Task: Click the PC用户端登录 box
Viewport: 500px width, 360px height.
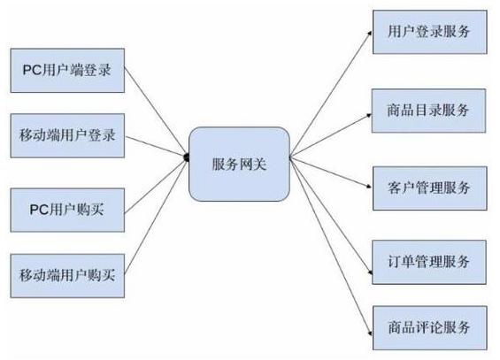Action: (x=67, y=71)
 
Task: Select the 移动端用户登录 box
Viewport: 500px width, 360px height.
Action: (x=67, y=135)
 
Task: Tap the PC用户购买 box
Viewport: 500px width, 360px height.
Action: (x=67, y=210)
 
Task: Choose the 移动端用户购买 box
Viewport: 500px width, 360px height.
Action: (x=67, y=276)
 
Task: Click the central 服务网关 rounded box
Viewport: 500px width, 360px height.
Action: (x=239, y=164)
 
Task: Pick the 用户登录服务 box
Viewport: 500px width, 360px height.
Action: (x=430, y=32)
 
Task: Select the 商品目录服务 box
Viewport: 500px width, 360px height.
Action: (x=428, y=111)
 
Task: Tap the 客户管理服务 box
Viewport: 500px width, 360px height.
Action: (x=430, y=188)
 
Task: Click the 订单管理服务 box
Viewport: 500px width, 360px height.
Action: (x=429, y=262)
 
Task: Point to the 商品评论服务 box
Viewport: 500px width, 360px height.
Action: (x=430, y=328)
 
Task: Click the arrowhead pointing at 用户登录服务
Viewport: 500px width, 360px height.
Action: (x=370, y=33)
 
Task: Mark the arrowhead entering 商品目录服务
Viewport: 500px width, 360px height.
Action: (x=369, y=115)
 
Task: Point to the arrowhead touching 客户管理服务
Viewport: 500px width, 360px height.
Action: (x=369, y=186)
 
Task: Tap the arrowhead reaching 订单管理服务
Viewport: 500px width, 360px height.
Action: (x=370, y=272)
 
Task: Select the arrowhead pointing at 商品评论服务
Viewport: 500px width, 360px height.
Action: (x=370, y=333)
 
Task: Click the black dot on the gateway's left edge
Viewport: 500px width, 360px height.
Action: (x=187, y=157)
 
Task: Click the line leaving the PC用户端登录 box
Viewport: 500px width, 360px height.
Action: (x=155, y=111)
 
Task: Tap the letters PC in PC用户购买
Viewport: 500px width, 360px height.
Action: (x=38, y=210)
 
